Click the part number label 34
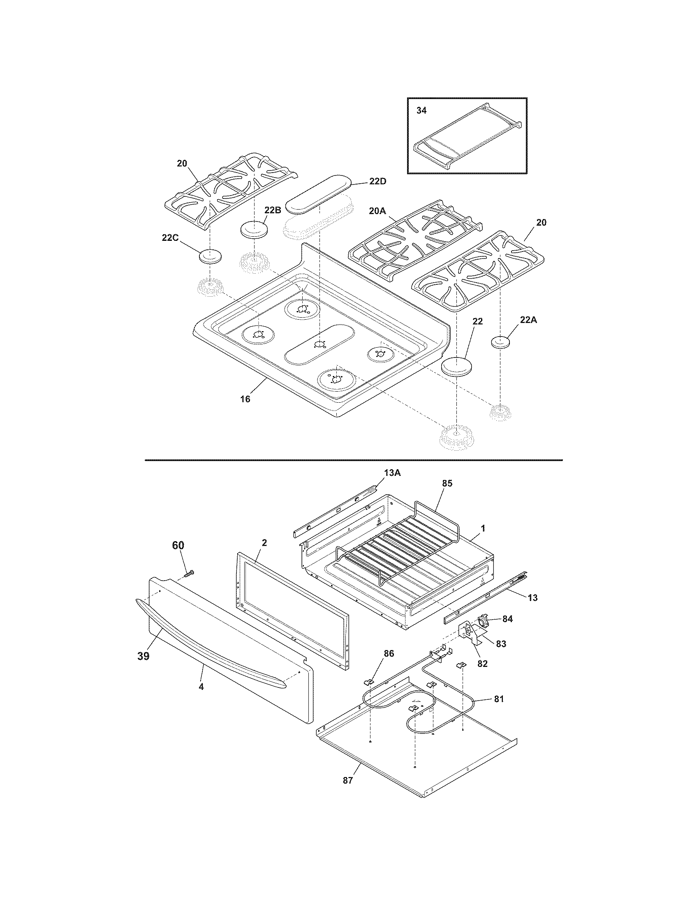[x=421, y=111]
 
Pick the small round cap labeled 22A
[x=500, y=343]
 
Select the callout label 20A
[x=377, y=211]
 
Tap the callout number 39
[x=143, y=656]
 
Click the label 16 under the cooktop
[x=245, y=399]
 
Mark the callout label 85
[x=447, y=483]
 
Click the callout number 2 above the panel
[x=264, y=543]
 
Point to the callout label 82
[x=482, y=664]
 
